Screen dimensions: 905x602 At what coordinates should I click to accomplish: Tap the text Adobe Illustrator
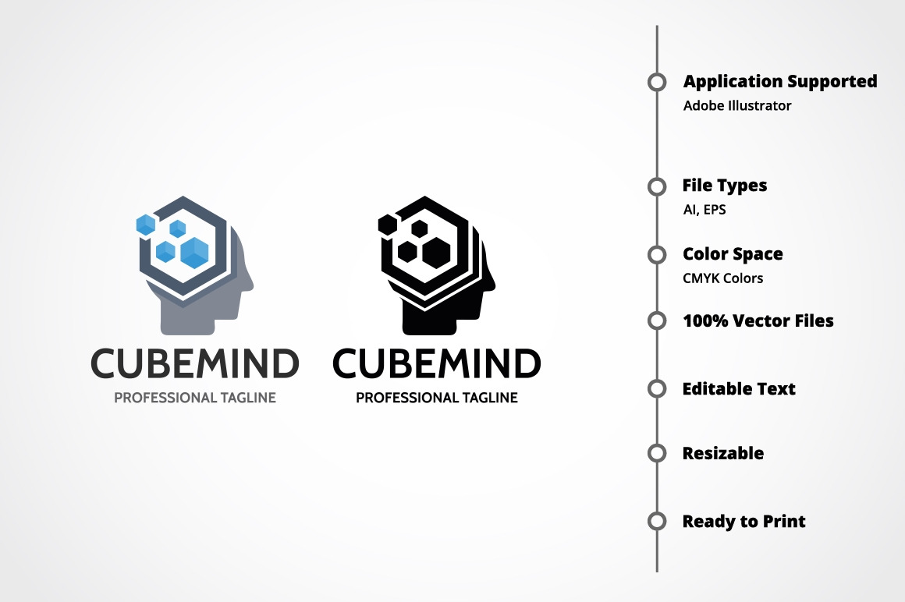(x=737, y=106)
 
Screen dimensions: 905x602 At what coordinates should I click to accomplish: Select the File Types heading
(x=725, y=186)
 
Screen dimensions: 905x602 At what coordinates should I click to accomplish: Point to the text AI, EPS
(x=704, y=210)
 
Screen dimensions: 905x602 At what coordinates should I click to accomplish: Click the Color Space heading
(x=733, y=254)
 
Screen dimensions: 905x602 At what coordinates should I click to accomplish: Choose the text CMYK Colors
(x=722, y=278)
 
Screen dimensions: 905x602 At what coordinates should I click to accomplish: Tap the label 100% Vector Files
(x=758, y=320)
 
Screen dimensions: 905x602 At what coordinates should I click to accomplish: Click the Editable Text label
(x=739, y=388)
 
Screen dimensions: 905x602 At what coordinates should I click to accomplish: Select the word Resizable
(x=723, y=453)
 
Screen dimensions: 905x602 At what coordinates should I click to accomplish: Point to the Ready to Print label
(x=744, y=522)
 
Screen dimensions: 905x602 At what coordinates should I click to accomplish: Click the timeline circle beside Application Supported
(x=657, y=82)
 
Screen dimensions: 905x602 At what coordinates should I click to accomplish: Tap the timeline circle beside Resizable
(x=657, y=453)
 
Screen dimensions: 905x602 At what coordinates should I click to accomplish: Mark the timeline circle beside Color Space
(x=657, y=254)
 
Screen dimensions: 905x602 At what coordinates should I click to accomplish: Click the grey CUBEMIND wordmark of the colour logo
(x=195, y=363)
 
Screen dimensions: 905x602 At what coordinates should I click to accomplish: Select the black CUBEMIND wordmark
(x=437, y=363)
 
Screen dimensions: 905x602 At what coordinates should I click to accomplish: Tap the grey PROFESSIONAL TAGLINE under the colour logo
(x=195, y=397)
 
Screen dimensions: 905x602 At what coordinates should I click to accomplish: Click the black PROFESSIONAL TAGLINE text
(x=437, y=397)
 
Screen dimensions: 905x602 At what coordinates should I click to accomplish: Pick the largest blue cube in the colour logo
(x=194, y=253)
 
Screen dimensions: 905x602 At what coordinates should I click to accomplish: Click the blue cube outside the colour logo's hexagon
(x=146, y=225)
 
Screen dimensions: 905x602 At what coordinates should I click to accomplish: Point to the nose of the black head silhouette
(x=492, y=282)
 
